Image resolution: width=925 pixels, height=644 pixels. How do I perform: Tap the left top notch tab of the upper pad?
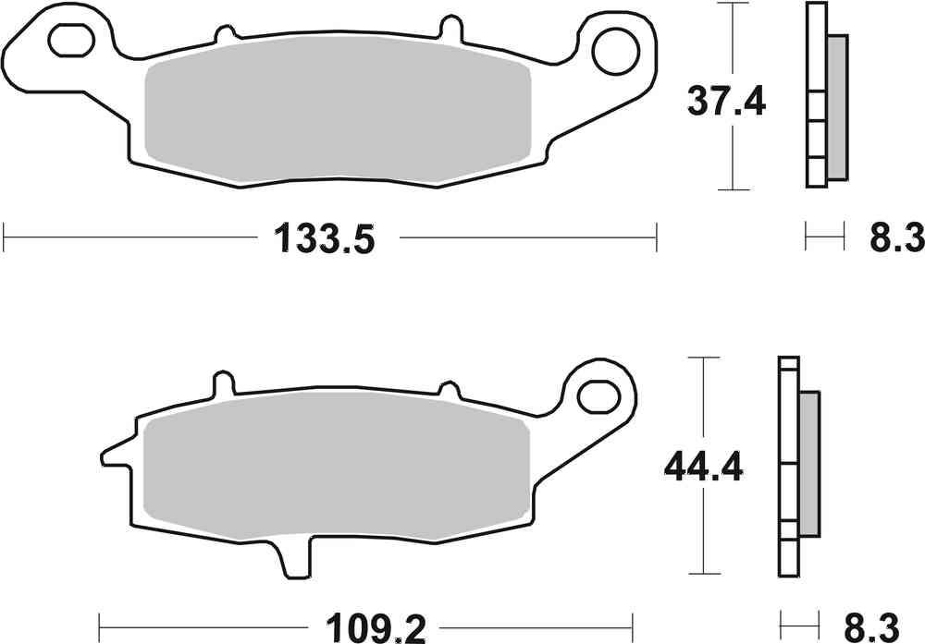pos(222,35)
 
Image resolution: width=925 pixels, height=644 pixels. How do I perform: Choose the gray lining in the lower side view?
pos(808,467)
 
